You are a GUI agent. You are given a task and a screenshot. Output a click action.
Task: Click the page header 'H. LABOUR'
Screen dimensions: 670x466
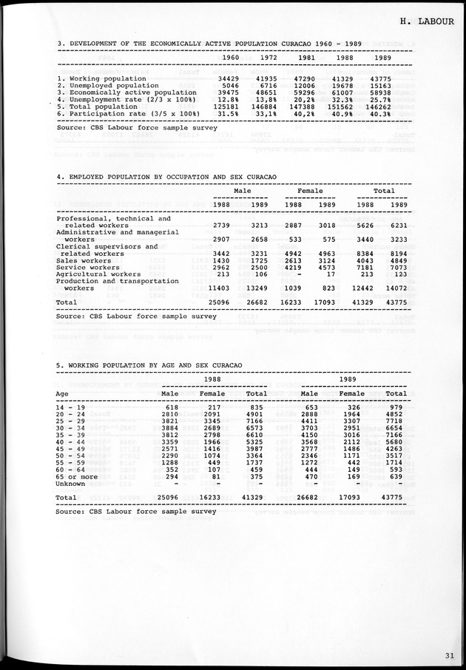(x=430, y=21)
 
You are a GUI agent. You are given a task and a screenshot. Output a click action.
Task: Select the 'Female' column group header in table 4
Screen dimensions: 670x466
(x=309, y=191)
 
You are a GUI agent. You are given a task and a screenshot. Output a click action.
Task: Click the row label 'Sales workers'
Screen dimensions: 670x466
(x=85, y=261)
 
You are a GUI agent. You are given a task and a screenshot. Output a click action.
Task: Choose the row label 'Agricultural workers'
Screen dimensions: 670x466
(x=99, y=274)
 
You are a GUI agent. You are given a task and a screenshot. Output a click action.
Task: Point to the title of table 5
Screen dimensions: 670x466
(x=149, y=365)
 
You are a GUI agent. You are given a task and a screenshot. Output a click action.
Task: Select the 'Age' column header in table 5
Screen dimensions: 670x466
(x=63, y=393)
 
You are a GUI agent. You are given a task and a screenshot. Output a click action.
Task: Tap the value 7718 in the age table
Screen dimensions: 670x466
(x=396, y=421)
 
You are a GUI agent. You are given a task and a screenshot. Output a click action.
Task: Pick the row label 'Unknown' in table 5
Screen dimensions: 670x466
(x=72, y=484)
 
